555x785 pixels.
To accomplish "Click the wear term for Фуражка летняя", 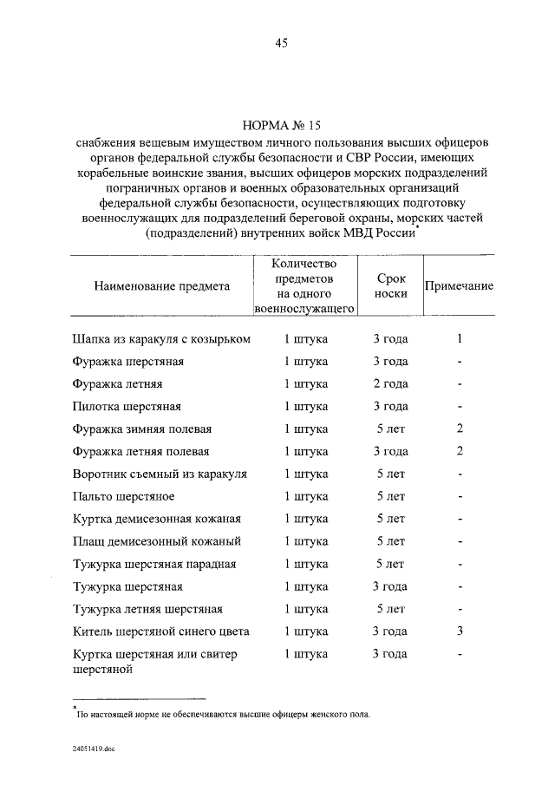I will [x=391, y=383].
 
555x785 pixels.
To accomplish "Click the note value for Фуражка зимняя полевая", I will [x=460, y=428].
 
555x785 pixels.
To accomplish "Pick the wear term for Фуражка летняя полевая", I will [x=391, y=451].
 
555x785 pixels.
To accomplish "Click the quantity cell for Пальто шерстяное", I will [x=305, y=496].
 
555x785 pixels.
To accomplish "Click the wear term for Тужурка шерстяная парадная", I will [x=391, y=564].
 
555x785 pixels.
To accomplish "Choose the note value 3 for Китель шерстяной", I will [x=460, y=631].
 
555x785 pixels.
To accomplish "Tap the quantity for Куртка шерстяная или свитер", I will [x=305, y=654].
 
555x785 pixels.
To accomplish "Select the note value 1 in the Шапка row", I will [x=460, y=339].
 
